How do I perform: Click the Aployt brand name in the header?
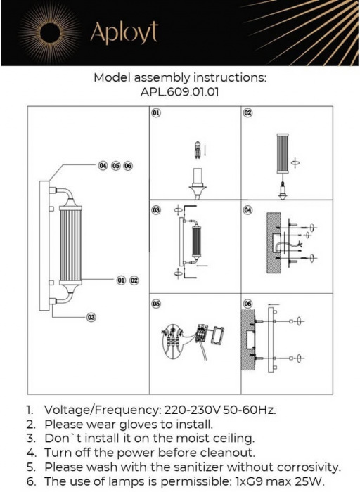(x=124, y=32)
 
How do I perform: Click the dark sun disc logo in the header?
(x=50, y=33)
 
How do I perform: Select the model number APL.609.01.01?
(x=179, y=92)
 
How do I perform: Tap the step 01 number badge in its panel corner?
(x=156, y=112)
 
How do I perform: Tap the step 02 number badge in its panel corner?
(x=248, y=112)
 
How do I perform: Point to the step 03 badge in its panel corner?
(x=156, y=210)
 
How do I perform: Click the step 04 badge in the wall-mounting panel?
(x=248, y=210)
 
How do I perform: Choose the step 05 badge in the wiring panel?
(x=156, y=304)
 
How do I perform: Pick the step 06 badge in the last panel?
(x=248, y=304)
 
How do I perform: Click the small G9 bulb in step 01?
(x=198, y=149)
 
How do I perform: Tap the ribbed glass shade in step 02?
(x=283, y=154)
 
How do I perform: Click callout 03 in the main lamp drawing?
(x=91, y=317)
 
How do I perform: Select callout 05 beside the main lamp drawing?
(x=116, y=166)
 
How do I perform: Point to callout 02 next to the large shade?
(x=134, y=280)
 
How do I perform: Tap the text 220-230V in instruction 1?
(x=193, y=410)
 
